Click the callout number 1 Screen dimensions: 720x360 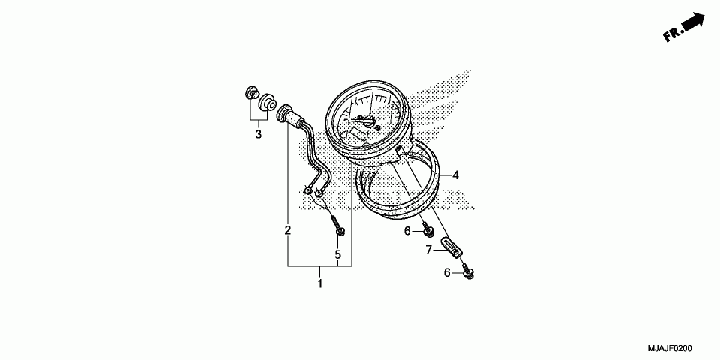click(x=320, y=283)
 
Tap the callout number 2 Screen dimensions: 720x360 click(x=287, y=230)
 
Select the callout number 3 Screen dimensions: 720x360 click(x=258, y=135)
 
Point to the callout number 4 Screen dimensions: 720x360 click(x=454, y=175)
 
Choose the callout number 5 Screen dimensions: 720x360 click(x=338, y=255)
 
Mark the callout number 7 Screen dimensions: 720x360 click(x=429, y=250)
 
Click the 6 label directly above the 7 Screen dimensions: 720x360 click(x=408, y=231)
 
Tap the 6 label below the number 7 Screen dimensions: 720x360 click(x=447, y=273)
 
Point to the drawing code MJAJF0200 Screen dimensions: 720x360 click(x=670, y=349)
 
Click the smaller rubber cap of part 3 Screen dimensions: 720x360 click(x=251, y=95)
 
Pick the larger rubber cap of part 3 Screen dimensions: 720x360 click(x=266, y=103)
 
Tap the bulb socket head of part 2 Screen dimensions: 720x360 click(x=286, y=115)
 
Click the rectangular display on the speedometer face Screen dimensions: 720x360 click(x=356, y=133)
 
